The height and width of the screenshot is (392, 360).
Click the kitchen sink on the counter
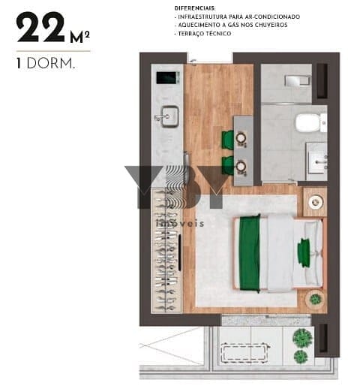pyautogui.click(x=169, y=116)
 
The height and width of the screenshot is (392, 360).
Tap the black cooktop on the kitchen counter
pyautogui.click(x=168, y=78)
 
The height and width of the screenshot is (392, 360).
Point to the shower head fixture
pyautogui.click(x=298, y=81)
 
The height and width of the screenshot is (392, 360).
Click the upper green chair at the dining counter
pyautogui.click(x=228, y=140)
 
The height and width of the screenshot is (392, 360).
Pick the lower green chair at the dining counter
pyautogui.click(x=228, y=165)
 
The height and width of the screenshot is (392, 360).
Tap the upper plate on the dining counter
pyautogui.click(x=241, y=137)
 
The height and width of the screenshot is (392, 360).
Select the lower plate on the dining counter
pyautogui.click(x=241, y=166)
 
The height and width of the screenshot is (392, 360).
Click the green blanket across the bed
pyautogui.click(x=250, y=253)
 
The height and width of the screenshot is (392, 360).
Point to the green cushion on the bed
pyautogui.click(x=304, y=252)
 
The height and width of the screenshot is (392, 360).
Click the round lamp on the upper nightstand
pyautogui.click(x=315, y=202)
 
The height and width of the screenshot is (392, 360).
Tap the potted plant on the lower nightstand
pyautogui.click(x=316, y=299)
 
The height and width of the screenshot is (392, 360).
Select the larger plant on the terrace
pyautogui.click(x=303, y=338)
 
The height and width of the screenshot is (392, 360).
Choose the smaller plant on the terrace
pyautogui.click(x=301, y=357)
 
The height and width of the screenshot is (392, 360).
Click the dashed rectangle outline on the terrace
pyautogui.click(x=244, y=352)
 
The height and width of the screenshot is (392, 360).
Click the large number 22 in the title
pyautogui.click(x=40, y=27)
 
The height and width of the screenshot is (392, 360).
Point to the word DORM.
pyautogui.click(x=51, y=63)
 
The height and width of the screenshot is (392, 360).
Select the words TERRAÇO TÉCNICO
pyautogui.click(x=205, y=34)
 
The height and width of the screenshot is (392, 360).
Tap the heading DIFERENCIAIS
pyautogui.click(x=195, y=8)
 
